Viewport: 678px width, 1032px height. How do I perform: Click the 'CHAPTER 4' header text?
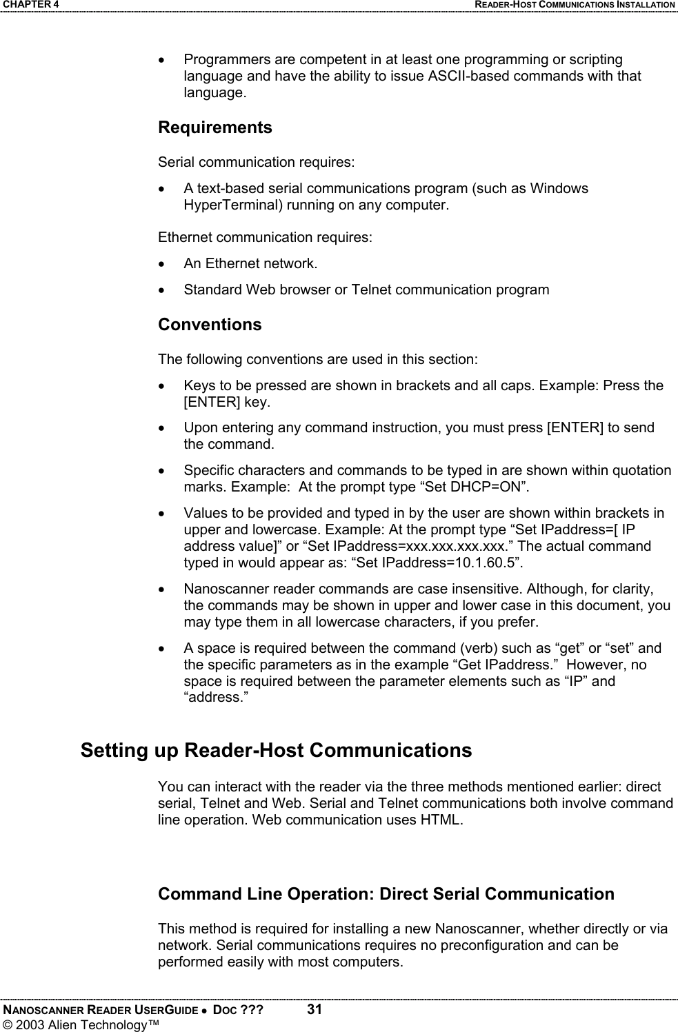coord(30,5)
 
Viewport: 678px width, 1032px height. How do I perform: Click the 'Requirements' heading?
coord(215,128)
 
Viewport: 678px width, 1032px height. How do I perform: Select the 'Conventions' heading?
coord(210,325)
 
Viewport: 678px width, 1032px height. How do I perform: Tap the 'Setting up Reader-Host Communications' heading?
coord(276,750)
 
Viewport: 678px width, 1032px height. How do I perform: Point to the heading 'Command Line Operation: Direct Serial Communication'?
coord(386,894)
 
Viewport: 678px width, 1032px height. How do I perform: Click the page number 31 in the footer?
coord(315,1010)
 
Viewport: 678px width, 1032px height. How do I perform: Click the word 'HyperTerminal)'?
coord(227,205)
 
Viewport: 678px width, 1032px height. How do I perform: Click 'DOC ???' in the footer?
coord(238,1011)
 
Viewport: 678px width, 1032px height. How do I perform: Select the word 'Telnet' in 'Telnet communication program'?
coord(372,290)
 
